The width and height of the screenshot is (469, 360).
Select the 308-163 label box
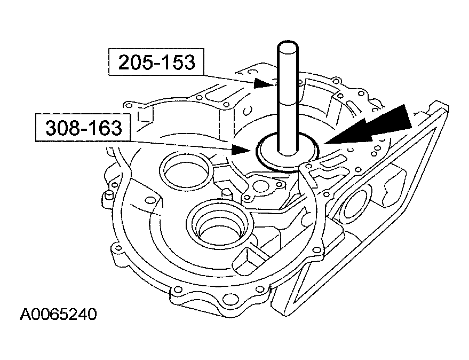coord(81,128)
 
